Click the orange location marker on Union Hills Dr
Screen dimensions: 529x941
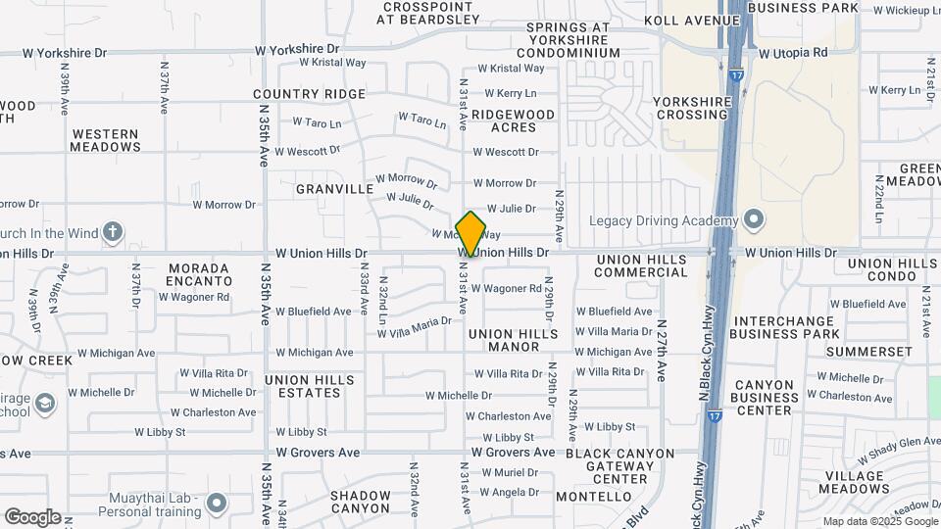coord(470,234)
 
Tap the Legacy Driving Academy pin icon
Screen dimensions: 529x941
coord(753,218)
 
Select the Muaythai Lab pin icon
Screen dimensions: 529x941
coord(217,504)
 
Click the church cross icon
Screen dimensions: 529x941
coord(113,232)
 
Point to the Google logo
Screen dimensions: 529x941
coord(32,516)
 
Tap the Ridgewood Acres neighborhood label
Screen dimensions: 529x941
coord(513,121)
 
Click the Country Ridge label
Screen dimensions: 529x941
coord(309,94)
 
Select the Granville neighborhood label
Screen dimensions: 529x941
coord(334,188)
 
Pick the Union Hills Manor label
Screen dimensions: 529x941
coord(513,340)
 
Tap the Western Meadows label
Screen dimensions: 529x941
coord(106,140)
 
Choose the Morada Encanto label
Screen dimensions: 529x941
coord(199,274)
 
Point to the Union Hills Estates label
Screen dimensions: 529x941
coord(302,386)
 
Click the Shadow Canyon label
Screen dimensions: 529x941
coord(360,502)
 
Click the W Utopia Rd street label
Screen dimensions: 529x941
coord(793,52)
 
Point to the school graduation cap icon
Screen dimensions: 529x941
coord(45,403)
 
